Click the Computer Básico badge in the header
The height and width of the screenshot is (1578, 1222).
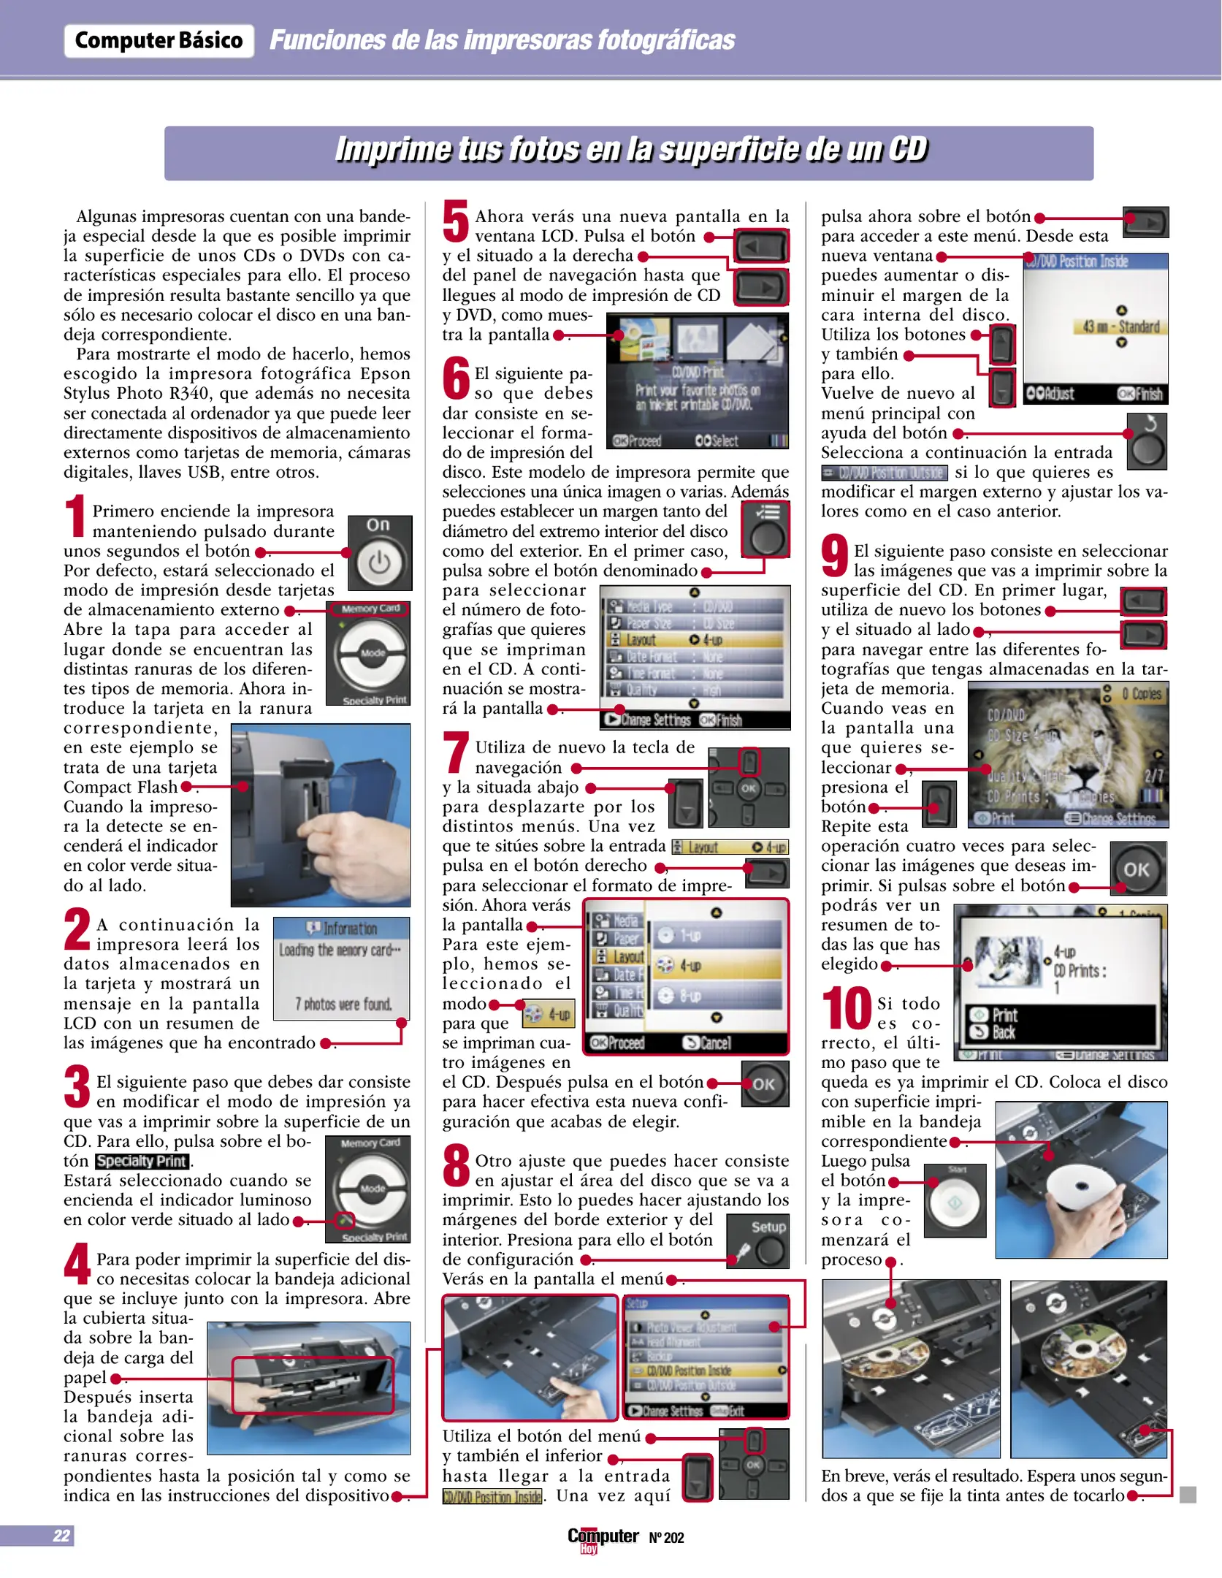159,41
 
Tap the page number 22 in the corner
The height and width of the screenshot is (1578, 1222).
61,1535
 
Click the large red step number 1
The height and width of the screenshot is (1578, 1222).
75,517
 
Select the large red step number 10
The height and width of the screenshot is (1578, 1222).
847,1009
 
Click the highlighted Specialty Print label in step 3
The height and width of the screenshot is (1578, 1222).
142,1161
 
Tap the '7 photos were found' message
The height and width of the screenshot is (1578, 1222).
343,1005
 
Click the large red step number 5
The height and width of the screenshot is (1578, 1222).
455,221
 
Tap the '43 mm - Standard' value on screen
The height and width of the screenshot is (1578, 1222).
1116,327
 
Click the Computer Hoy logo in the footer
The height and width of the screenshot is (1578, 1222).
603,1538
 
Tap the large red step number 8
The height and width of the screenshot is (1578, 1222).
457,1166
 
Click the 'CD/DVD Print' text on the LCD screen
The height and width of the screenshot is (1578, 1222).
697,372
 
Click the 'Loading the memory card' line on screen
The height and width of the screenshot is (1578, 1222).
340,950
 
